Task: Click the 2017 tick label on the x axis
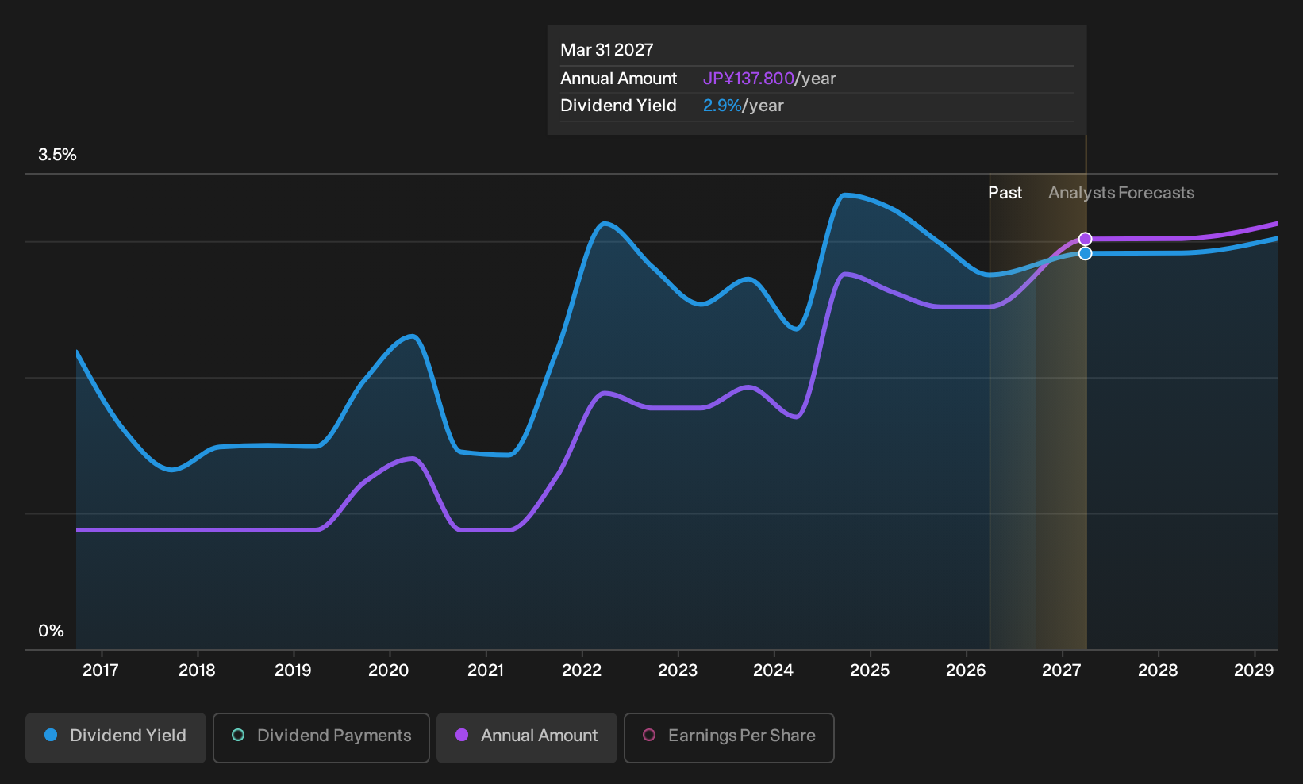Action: pos(101,670)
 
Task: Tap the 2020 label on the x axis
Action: pos(389,670)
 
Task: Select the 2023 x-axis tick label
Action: pos(677,670)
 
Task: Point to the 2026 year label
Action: pos(966,670)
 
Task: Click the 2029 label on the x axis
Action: pos(1254,670)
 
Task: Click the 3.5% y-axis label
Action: pos(57,155)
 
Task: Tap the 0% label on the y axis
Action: pos(52,631)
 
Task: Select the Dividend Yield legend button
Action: pos(116,737)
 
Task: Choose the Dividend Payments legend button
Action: pos(321,737)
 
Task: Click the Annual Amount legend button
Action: pos(526,737)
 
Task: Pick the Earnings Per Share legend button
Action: pos(728,737)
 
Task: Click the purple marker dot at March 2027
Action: pos(1085,239)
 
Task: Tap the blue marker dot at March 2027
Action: pos(1085,254)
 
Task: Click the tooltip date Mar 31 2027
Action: pos(607,50)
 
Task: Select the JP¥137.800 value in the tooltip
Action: pos(748,79)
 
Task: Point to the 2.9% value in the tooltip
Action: pos(722,106)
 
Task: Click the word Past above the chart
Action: pos(1005,193)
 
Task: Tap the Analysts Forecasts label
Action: pos(1121,193)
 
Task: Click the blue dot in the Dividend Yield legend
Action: pos(52,735)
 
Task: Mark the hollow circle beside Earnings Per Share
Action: pos(649,735)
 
